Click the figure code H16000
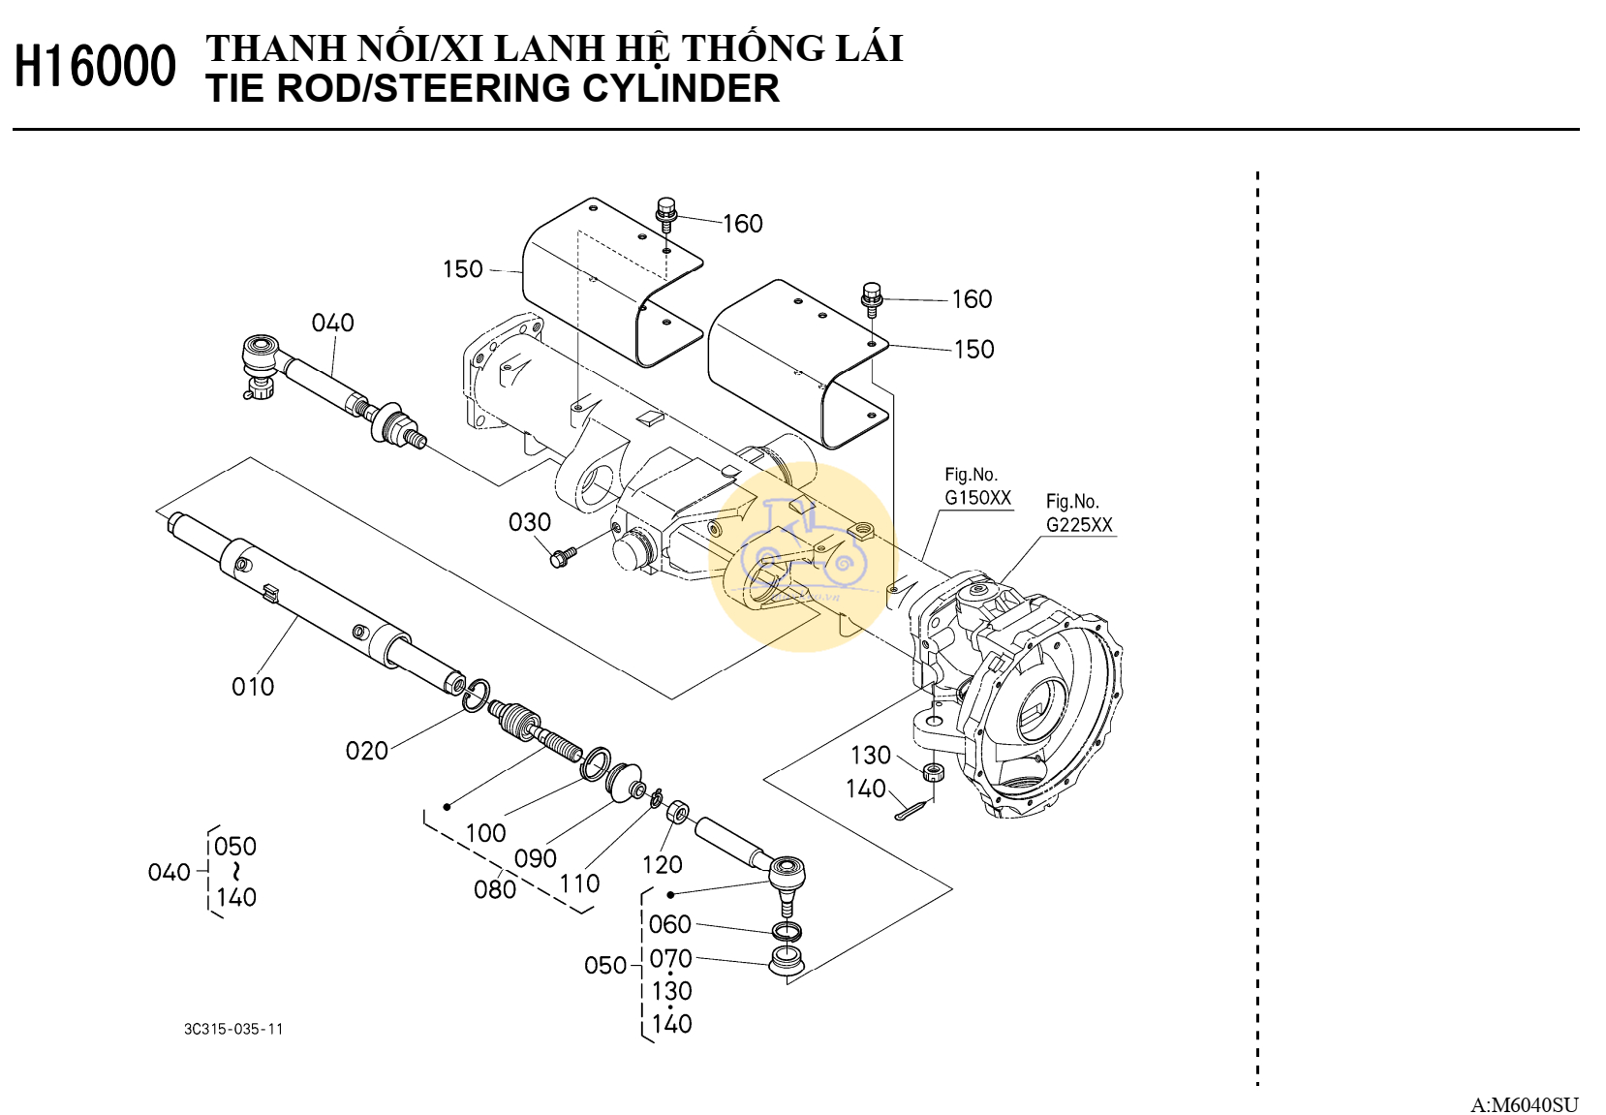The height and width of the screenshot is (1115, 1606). pos(95,67)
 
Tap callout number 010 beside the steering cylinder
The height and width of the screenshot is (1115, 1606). pos(253,687)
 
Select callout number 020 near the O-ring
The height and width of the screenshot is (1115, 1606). pos(366,751)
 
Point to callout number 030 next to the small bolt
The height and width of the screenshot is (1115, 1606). pos(530,522)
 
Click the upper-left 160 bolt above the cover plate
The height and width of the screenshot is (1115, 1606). pos(666,211)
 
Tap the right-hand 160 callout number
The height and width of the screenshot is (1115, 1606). pos(972,299)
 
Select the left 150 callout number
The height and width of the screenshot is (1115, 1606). pos(462,269)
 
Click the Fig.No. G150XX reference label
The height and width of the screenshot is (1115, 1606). pos(977,487)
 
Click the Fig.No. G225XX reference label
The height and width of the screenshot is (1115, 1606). pos(1079,514)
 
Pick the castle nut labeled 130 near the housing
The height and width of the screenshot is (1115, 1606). pos(933,772)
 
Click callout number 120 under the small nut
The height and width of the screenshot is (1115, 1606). pos(663,864)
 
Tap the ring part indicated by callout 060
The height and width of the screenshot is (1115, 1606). pos(788,933)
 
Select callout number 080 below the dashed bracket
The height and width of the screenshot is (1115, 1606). pos(494,889)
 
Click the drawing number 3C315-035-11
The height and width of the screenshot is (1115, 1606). pos(233,1029)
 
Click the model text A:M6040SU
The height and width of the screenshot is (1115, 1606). pos(1524,1104)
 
